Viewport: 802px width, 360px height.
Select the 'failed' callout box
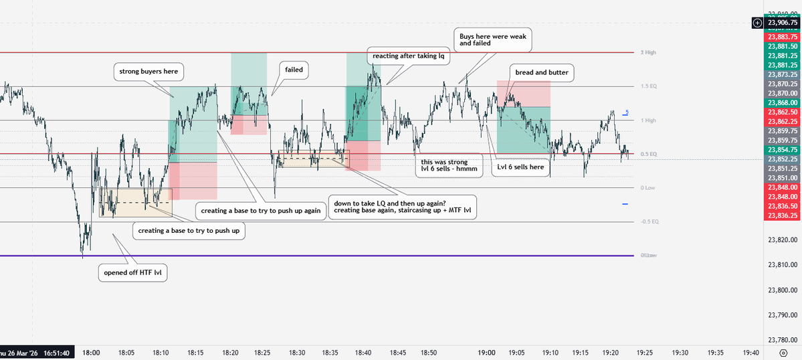pos(293,70)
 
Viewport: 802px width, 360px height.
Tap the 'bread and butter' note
pos(541,72)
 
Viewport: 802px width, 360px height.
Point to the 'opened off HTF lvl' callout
pos(133,272)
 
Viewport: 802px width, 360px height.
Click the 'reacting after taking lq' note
pos(408,56)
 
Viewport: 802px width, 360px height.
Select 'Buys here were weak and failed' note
pos(492,39)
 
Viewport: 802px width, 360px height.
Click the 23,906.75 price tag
pos(783,23)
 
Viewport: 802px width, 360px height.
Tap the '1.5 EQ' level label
pos(647,86)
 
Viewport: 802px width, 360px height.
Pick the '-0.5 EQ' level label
pos(649,221)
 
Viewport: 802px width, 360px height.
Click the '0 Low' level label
pos(647,188)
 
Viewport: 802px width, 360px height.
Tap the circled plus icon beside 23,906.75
pos(757,23)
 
